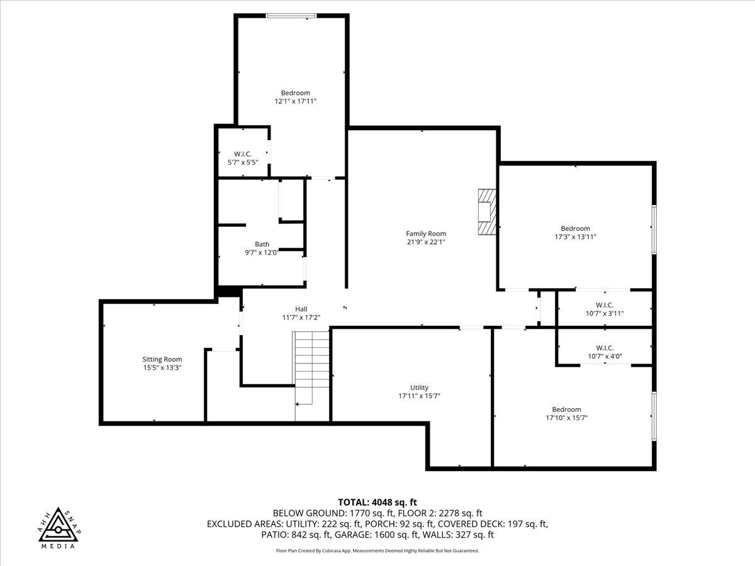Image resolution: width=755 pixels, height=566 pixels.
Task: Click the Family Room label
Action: coord(426,233)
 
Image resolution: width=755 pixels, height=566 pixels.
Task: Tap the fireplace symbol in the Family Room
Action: coord(486,212)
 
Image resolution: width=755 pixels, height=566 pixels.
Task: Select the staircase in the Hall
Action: coord(312,368)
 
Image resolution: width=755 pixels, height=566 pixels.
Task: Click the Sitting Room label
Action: coord(162,359)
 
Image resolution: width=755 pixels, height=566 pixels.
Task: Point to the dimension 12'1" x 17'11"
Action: coord(295,101)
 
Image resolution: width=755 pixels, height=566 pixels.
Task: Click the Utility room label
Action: coord(419,387)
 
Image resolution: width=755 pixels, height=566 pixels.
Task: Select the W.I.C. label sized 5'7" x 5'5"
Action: coord(243,154)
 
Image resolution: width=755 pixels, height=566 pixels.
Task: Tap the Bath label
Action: coord(262,244)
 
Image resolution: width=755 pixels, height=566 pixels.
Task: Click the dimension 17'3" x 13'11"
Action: coord(575,237)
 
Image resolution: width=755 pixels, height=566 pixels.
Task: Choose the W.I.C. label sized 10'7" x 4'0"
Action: coord(604,348)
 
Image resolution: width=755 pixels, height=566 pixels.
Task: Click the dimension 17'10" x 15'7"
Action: coord(566,418)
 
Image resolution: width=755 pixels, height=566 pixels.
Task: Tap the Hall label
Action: coord(301,309)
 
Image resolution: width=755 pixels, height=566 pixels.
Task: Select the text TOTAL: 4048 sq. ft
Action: coord(377,502)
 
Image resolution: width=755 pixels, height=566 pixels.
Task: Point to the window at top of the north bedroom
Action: coord(290,16)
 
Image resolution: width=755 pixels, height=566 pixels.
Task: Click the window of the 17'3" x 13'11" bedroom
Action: coord(653,230)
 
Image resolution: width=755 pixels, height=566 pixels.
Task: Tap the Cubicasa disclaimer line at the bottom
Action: coord(377,551)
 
